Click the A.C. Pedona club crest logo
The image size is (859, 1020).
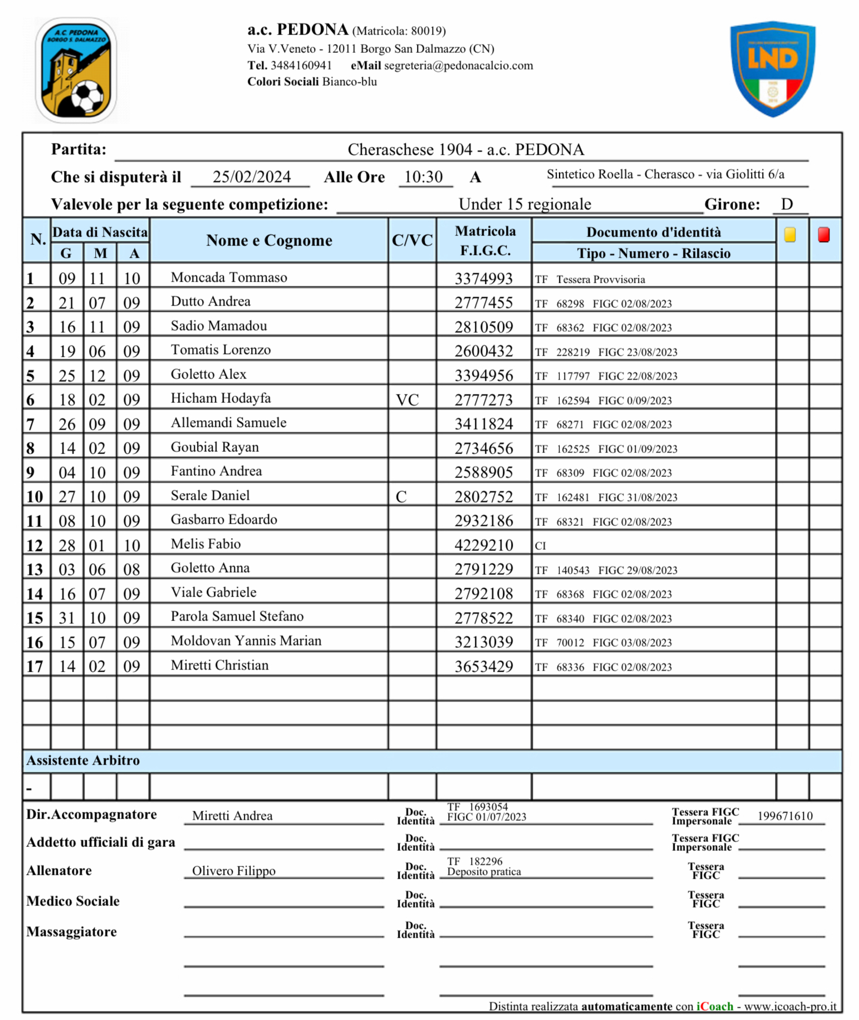(76, 70)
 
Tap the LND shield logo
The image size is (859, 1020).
(773, 68)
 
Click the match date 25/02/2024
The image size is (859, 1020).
(251, 177)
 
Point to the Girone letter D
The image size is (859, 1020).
(786, 204)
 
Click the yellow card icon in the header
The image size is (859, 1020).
(789, 235)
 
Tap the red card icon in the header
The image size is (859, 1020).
(823, 235)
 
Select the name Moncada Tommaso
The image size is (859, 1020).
(229, 277)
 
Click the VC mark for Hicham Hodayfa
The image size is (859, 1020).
(407, 400)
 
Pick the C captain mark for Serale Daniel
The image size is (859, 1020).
(401, 497)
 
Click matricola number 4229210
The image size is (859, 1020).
(483, 545)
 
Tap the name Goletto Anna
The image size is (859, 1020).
(210, 568)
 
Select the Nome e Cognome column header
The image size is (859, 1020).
(269, 240)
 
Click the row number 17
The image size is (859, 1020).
(35, 666)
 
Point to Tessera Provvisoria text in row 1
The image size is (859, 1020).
(600, 279)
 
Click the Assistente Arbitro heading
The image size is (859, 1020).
(83, 760)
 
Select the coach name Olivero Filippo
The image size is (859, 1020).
(233, 870)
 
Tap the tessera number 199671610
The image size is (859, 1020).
(784, 816)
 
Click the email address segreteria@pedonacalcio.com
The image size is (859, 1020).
(458, 66)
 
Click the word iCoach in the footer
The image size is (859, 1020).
(715, 1006)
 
